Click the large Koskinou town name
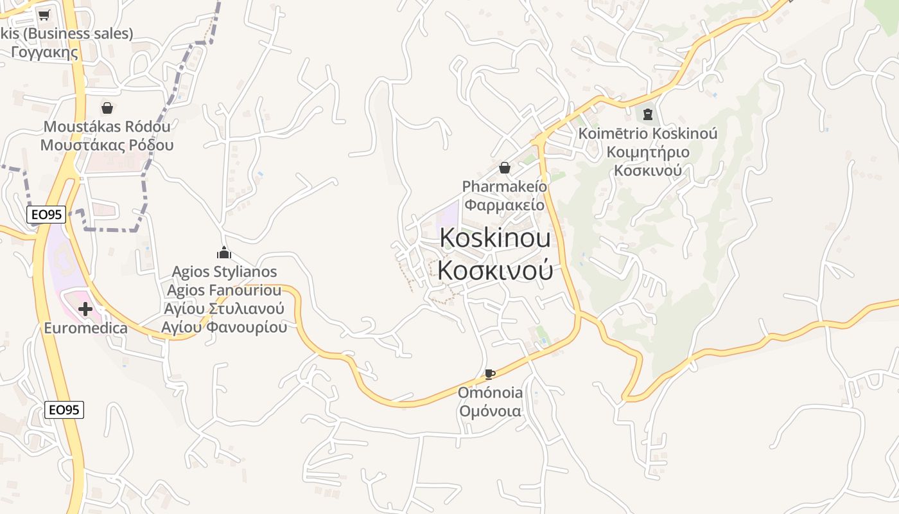pos(495,238)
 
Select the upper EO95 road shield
pos(46,215)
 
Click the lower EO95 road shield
pos(64,409)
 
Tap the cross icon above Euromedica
pos(85,310)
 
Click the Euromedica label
pos(85,328)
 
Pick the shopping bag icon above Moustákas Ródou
pos(107,108)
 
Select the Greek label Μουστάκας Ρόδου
pos(107,145)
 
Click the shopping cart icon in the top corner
pos(44,15)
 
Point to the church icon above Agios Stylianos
pos(224,253)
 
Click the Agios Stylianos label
pos(224,272)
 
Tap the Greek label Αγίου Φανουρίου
pos(224,327)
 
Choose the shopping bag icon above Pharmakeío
pos(505,168)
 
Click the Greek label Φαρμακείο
pos(505,205)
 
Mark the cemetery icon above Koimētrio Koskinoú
pos(647,114)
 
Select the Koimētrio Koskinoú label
pos(647,134)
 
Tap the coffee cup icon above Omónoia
pos(490,374)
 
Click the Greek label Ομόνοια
pos(490,411)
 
